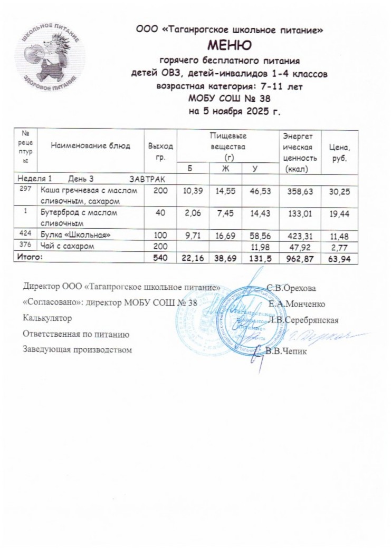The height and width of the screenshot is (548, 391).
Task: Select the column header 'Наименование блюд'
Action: pos(90,146)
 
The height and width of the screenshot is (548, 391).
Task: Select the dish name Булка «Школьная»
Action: pos(75,234)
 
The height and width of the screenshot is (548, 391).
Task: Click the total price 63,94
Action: pos(340,258)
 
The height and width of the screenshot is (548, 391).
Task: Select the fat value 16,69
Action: pos(225,234)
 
